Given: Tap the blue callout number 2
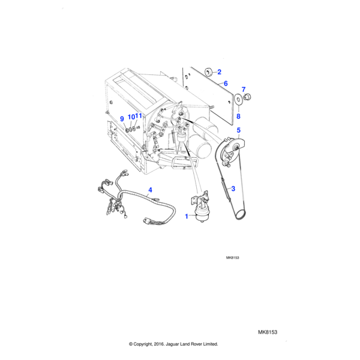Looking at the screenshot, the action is point(219,71).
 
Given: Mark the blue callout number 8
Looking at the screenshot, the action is point(238,116).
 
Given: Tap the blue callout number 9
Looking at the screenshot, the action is point(122,118).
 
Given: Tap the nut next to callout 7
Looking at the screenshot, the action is point(249,97).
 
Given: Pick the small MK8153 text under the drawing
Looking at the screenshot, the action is point(233,257).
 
